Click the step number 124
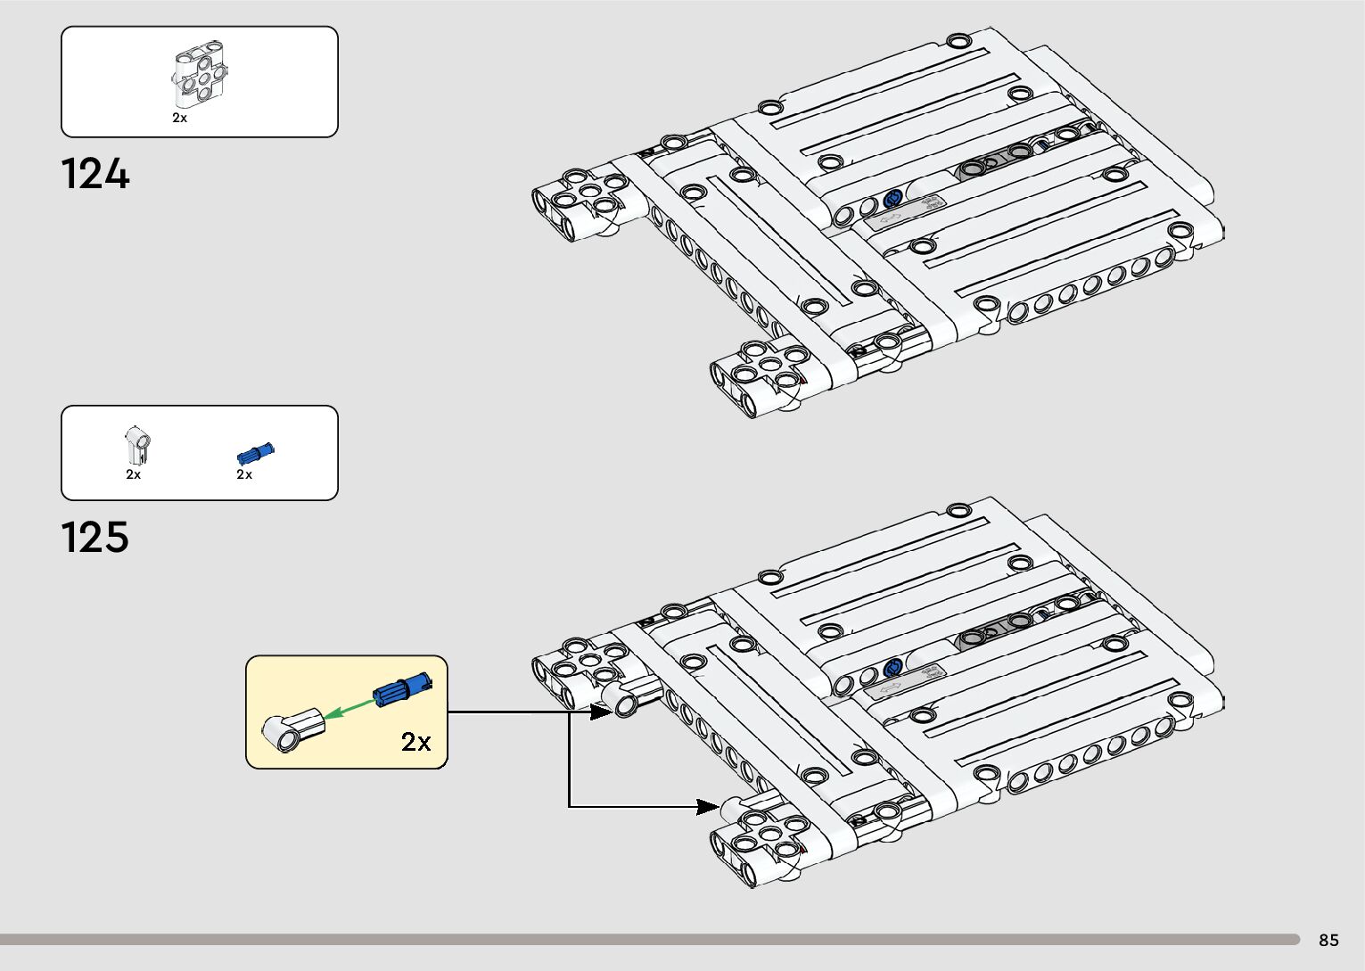95,174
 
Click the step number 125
95,538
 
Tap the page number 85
1328,940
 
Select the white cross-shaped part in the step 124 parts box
199,76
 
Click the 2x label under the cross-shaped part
179,118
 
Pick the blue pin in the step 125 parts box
255,452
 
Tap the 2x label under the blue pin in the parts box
244,474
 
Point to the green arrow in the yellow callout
348,709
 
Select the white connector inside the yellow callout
293,728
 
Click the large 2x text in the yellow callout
415,741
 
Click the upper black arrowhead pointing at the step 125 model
600,712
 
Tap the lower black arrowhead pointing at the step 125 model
707,807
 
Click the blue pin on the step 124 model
892,198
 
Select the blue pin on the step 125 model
892,668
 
